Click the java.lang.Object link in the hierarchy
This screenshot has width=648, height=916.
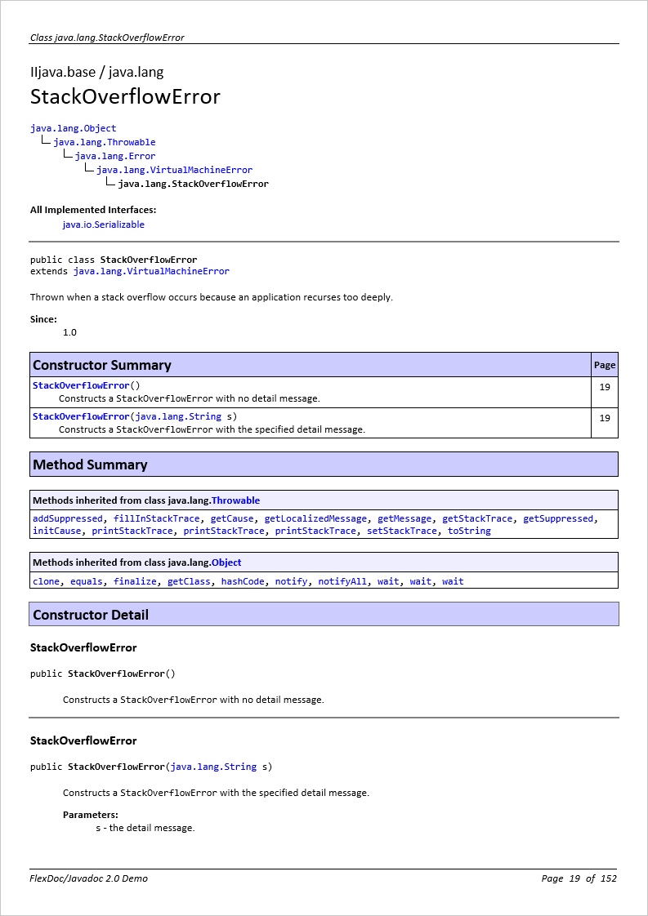(x=73, y=128)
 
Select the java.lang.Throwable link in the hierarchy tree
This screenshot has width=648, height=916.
(x=104, y=142)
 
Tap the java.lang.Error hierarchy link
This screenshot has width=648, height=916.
(x=114, y=156)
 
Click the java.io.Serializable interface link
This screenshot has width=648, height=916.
(x=103, y=225)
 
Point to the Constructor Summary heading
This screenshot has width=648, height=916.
(x=102, y=365)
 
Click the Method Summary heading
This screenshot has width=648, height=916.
(x=90, y=465)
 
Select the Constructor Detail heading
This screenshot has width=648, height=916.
(x=91, y=615)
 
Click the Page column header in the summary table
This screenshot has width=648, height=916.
(x=605, y=365)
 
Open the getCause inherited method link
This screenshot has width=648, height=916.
(x=232, y=518)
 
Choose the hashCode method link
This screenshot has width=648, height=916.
(x=243, y=581)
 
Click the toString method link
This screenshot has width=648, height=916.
(x=469, y=531)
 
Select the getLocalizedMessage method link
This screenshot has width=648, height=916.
(x=315, y=518)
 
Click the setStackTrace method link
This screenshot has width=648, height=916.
(x=402, y=531)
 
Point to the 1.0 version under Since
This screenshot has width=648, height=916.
(x=69, y=332)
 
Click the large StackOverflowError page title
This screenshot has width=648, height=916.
(x=125, y=96)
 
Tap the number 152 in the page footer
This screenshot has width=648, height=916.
(x=608, y=878)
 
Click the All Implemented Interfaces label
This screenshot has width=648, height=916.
(x=93, y=210)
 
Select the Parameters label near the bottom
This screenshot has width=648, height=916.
(x=91, y=814)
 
